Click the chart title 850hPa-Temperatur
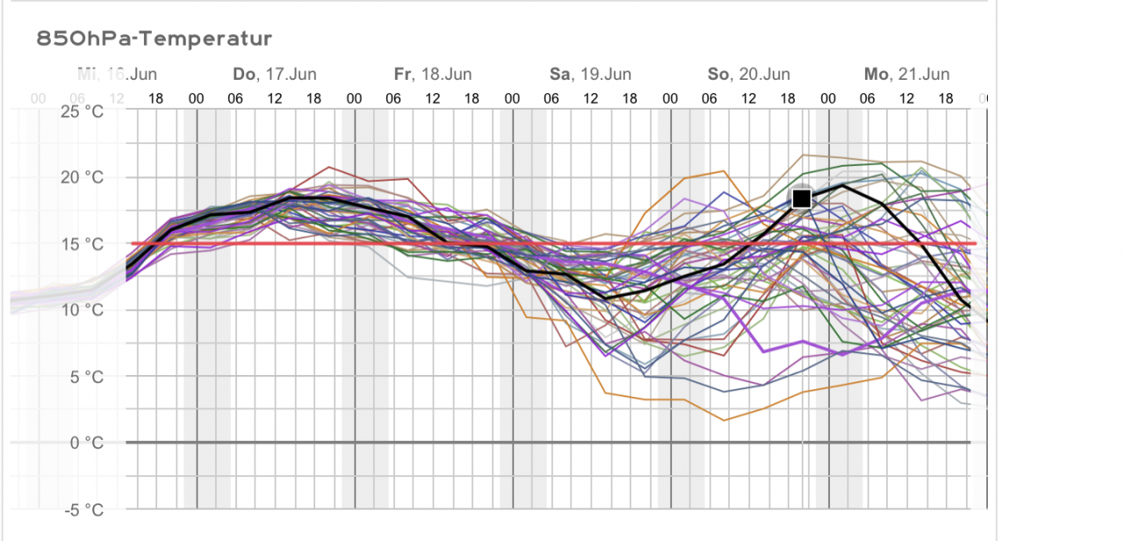click(x=155, y=39)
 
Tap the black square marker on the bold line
click(x=801, y=198)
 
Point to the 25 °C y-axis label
click(x=82, y=112)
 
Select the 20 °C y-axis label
click(x=82, y=177)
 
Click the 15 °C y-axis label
click(x=82, y=243)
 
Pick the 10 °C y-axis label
click(x=82, y=310)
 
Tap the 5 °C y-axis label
click(x=85, y=376)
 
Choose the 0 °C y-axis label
click(x=85, y=442)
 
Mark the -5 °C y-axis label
click(x=83, y=509)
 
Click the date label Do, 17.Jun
click(x=275, y=75)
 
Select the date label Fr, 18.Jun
click(x=433, y=75)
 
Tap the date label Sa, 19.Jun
click(x=590, y=75)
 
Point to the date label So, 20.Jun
click(x=749, y=75)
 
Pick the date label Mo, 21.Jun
click(x=906, y=75)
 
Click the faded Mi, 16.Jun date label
click(x=118, y=75)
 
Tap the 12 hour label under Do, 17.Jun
click(x=275, y=99)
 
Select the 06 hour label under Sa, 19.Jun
click(x=551, y=99)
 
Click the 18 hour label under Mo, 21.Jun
click(x=946, y=99)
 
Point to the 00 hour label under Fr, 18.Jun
click(x=354, y=99)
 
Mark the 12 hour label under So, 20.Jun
click(x=749, y=99)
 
